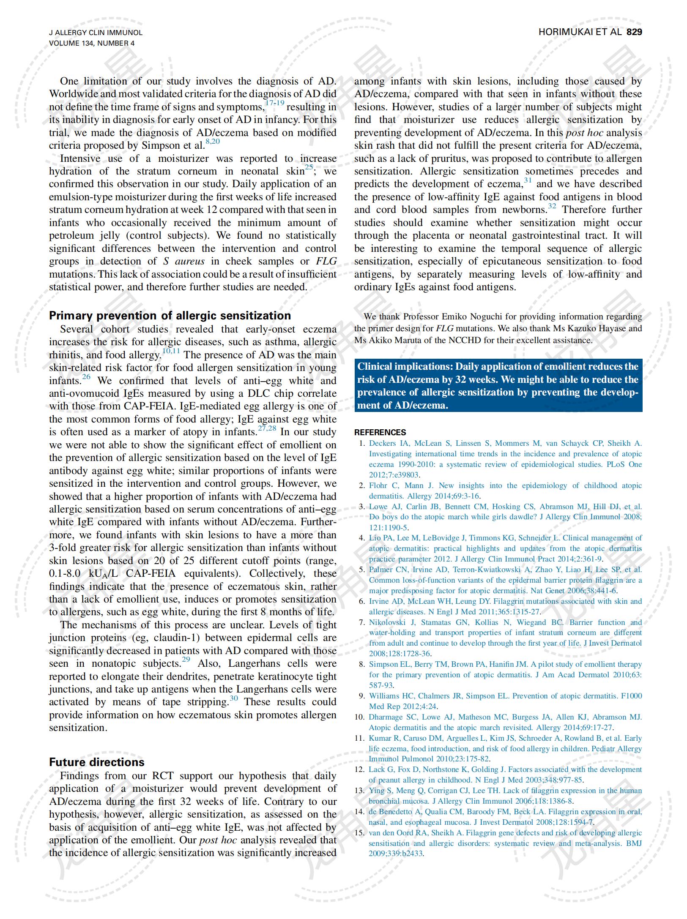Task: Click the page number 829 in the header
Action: click(634, 32)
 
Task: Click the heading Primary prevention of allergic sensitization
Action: click(170, 316)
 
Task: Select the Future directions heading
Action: click(97, 762)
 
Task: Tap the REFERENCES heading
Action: click(380, 432)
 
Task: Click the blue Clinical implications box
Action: click(498, 385)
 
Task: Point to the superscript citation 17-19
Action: click(274, 103)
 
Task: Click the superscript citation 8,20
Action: click(213, 142)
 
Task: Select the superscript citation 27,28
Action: click(267, 428)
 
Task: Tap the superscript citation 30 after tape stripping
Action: click(234, 698)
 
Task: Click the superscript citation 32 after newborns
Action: click(552, 206)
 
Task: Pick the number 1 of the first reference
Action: click(362, 443)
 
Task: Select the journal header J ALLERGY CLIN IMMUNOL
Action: click(96, 33)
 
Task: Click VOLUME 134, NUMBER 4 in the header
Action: click(92, 43)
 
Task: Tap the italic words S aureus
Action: click(184, 261)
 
